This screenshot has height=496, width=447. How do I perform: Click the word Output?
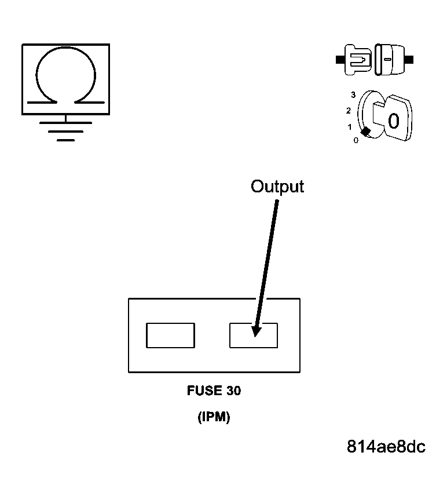coord(277,187)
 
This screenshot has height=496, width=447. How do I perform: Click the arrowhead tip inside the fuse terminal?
coord(255,333)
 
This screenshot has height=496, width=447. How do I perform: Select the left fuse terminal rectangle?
coord(170,335)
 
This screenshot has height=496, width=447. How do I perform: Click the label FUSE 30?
coord(214,391)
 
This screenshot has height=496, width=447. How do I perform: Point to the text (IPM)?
coord(214,417)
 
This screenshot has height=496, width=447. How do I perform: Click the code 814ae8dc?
coord(386,447)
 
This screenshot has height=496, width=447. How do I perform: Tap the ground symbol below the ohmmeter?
coord(65,131)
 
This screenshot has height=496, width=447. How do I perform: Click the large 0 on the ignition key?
coord(393,122)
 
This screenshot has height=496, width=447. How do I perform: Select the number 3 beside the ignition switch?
coord(353,94)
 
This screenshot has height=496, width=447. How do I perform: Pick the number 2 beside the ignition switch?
coord(349,111)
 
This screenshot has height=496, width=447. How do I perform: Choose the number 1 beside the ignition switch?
coord(349,126)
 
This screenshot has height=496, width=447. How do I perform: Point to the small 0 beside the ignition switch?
coord(356,140)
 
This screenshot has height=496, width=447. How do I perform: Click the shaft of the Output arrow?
coord(268,261)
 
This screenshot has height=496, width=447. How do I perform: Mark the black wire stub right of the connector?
coord(410,59)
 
